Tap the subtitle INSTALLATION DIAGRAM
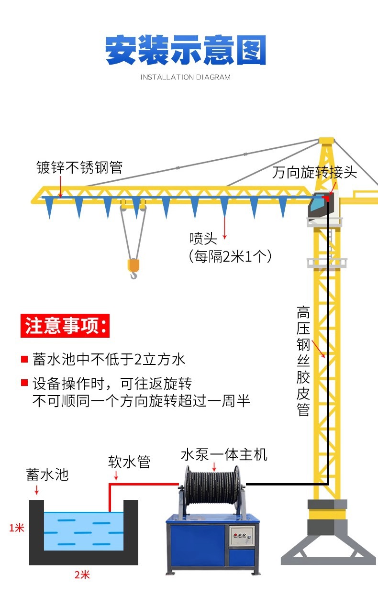pos(186,77)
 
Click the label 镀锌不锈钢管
pos(79,167)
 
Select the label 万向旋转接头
pos(314,172)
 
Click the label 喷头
pos(203,238)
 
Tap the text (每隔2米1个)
pos(230,256)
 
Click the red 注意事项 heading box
pos(65,326)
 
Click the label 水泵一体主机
pos(224,454)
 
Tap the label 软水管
pos(129,462)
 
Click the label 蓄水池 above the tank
pos(47,474)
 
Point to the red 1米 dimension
pos(16,528)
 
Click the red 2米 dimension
pos(82,575)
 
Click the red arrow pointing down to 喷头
pos(225,228)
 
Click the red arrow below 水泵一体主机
pos(214,467)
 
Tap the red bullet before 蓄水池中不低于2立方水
pos(24,359)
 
